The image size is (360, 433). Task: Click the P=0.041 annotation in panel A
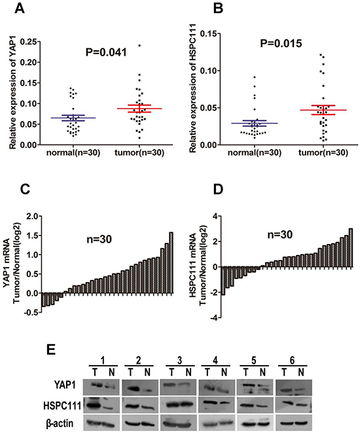[x=106, y=52]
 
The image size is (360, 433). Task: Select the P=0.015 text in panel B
[x=281, y=43]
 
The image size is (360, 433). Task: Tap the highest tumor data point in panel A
[x=139, y=45]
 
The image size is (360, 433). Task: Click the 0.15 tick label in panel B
[x=209, y=34]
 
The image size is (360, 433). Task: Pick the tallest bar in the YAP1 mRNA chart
[x=171, y=263]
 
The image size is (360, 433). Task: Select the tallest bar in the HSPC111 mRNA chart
[x=351, y=248]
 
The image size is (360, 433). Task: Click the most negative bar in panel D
[x=223, y=281]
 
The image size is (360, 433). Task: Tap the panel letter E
[x=51, y=350]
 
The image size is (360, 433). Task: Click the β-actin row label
[x=60, y=423]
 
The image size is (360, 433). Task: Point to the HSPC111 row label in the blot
[x=62, y=406]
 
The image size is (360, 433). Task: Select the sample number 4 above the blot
[x=215, y=360]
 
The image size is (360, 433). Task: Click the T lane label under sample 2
[x=130, y=373]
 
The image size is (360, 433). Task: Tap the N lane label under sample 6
[x=301, y=373]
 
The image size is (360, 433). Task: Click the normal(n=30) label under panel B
[x=255, y=152]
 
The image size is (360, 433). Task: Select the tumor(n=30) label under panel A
[x=139, y=152]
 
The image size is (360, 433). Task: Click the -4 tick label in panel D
[x=213, y=318]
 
